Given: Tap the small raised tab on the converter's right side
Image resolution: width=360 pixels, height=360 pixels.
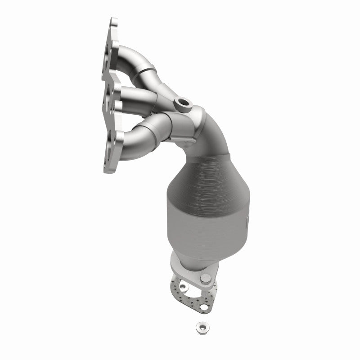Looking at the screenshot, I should [248, 220].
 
